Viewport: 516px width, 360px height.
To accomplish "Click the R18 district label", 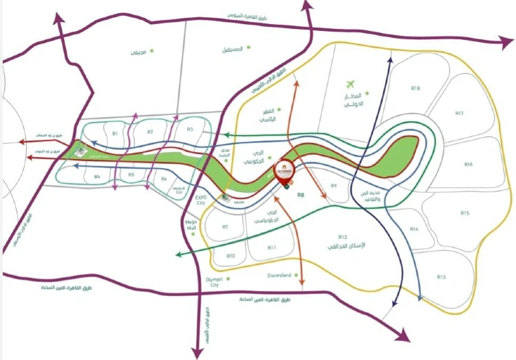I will coord(416,88).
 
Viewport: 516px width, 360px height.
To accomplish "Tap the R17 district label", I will coord(459,113).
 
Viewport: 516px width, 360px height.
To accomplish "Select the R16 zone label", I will coord(469,165).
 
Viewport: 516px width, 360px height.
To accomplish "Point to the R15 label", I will coord(465,213).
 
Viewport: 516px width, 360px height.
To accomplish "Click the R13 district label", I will coord(442,277).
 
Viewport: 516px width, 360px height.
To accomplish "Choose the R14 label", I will coord(413,229).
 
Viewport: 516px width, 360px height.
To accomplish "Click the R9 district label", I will coord(334,186).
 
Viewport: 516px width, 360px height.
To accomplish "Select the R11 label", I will coord(272,247).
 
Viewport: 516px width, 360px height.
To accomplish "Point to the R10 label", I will coord(230,256).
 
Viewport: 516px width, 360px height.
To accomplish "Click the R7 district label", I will coord(225,226).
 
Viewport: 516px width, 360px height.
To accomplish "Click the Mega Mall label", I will coord(192,225).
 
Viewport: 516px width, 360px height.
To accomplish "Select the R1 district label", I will coord(115,133).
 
